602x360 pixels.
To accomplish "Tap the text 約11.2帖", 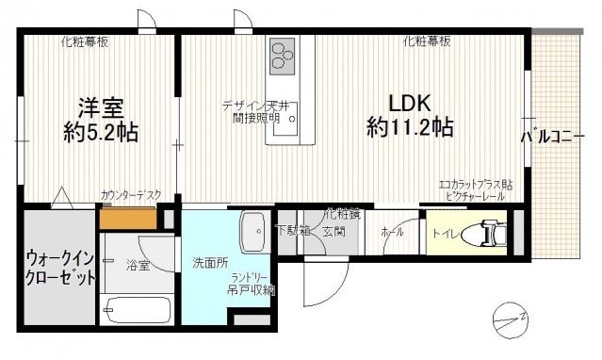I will pyautogui.click(x=410, y=127).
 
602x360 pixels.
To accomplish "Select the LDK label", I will pyautogui.click(x=410, y=102).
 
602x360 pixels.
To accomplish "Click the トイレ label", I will pyautogui.click(x=445, y=232).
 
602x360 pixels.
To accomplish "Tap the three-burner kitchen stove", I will pyautogui.click(x=283, y=57).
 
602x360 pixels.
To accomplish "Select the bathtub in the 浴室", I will pyautogui.click(x=137, y=309).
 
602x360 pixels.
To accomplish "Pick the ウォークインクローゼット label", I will pyautogui.click(x=59, y=267).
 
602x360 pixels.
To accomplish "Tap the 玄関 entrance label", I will pyautogui.click(x=334, y=230).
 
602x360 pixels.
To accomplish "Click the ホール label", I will pyautogui.click(x=393, y=231).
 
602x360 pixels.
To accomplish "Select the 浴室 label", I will pyautogui.click(x=138, y=267).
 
